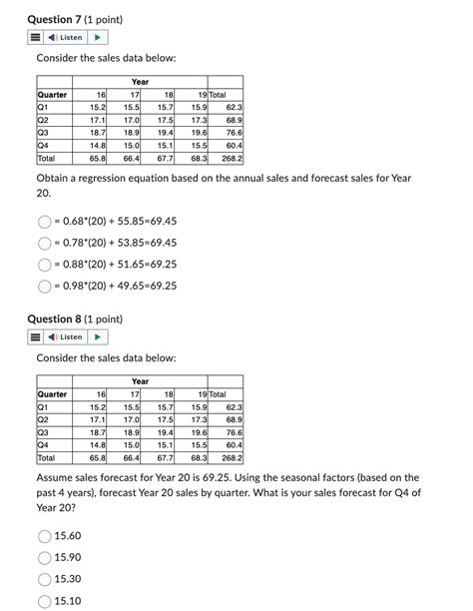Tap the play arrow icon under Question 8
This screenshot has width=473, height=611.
(97, 336)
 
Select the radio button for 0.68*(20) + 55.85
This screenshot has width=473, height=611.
(44, 221)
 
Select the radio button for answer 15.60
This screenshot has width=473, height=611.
(44, 536)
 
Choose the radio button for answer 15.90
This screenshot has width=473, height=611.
(44, 557)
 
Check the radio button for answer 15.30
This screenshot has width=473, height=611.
(44, 579)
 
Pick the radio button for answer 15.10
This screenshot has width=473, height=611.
(44, 600)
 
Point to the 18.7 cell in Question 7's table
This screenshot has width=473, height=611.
(97, 132)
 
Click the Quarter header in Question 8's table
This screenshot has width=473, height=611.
(52, 394)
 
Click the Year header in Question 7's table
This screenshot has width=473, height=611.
(140, 82)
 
